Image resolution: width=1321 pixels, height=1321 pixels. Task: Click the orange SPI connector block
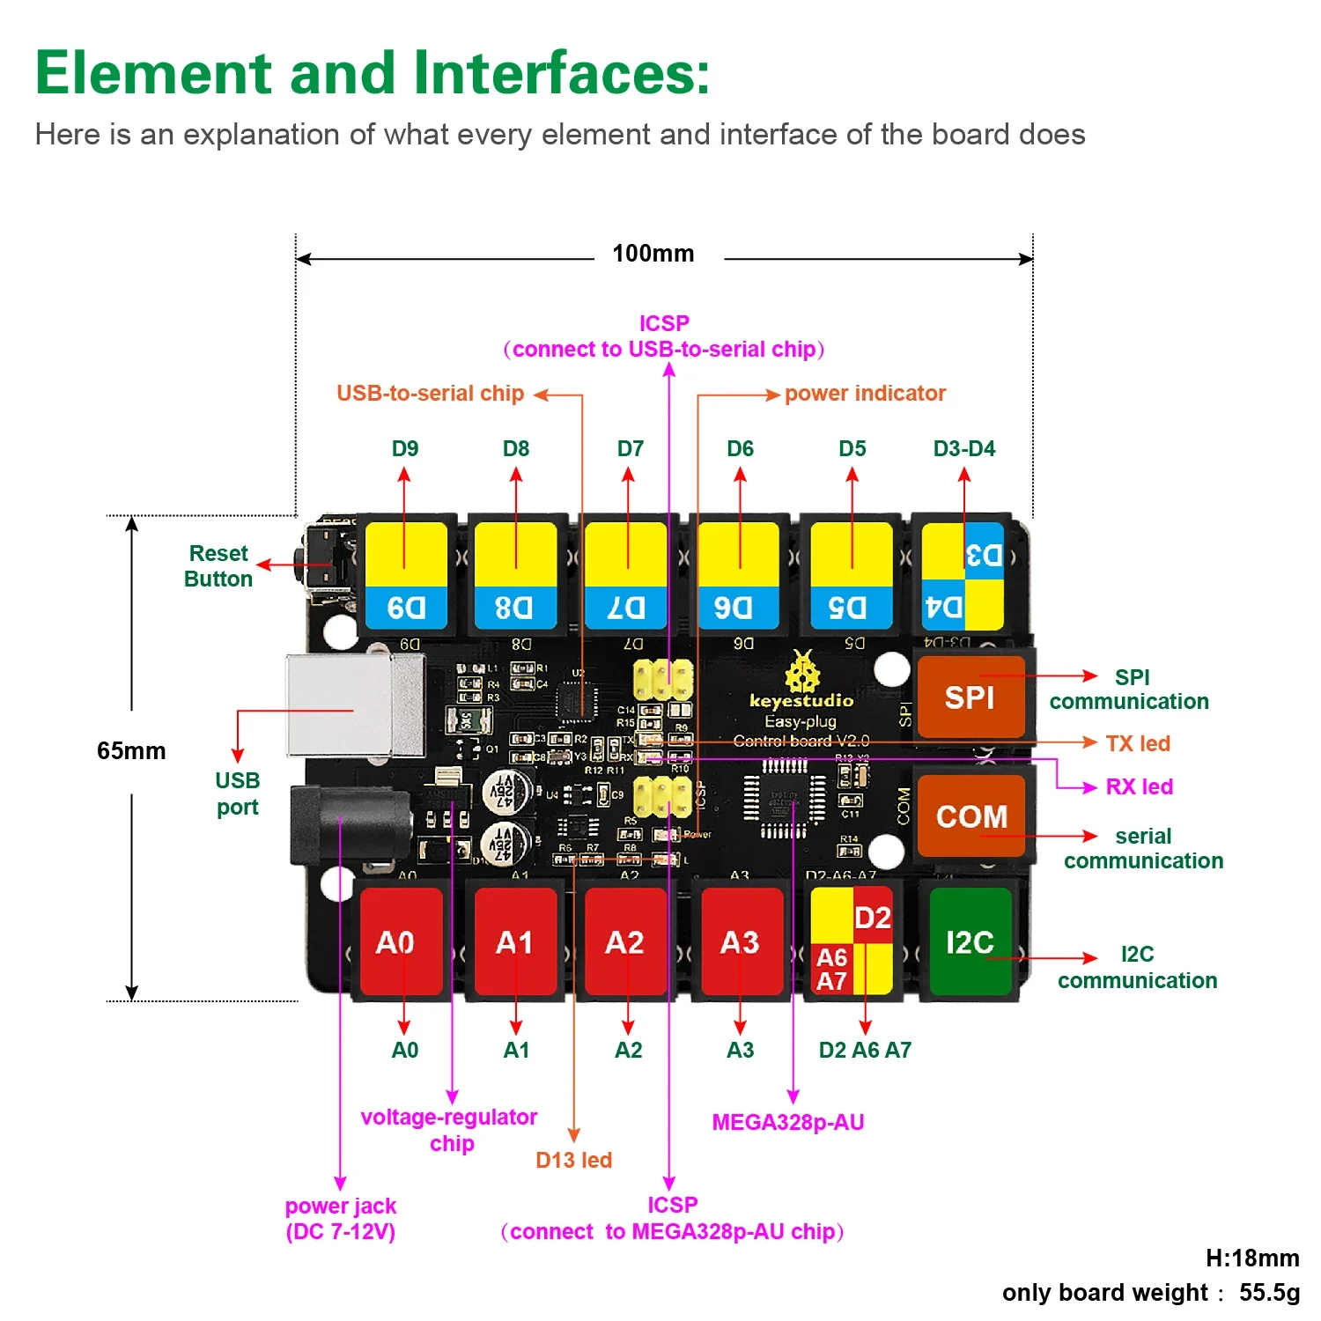click(970, 697)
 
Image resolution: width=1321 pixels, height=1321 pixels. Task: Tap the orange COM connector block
click(970, 815)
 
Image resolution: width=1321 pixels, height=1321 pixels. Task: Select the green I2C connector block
click(970, 941)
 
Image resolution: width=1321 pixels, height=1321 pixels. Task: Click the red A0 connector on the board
click(396, 941)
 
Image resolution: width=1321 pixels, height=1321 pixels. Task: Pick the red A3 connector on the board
click(740, 941)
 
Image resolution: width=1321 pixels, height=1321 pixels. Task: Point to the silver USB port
click(352, 705)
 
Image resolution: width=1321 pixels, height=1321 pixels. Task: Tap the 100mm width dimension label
click(653, 254)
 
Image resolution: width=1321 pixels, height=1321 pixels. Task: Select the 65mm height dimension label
click(131, 751)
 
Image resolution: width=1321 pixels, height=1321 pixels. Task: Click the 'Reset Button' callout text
click(218, 566)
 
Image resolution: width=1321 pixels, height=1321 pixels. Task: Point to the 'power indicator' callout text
click(865, 394)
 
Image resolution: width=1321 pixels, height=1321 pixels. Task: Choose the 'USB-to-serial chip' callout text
click(430, 394)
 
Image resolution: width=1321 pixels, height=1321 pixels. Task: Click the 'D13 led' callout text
click(573, 1160)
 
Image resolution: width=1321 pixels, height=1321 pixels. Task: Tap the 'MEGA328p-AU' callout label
click(788, 1122)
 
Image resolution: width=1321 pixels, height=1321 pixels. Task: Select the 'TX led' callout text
click(1138, 743)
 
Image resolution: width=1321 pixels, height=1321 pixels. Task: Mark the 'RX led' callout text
click(1140, 786)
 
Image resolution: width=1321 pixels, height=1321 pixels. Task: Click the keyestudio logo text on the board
click(801, 701)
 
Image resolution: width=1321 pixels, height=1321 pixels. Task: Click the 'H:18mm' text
click(1252, 1258)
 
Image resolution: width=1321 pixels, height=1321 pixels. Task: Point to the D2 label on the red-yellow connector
click(873, 918)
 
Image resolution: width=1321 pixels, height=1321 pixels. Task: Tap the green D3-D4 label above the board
click(964, 448)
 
